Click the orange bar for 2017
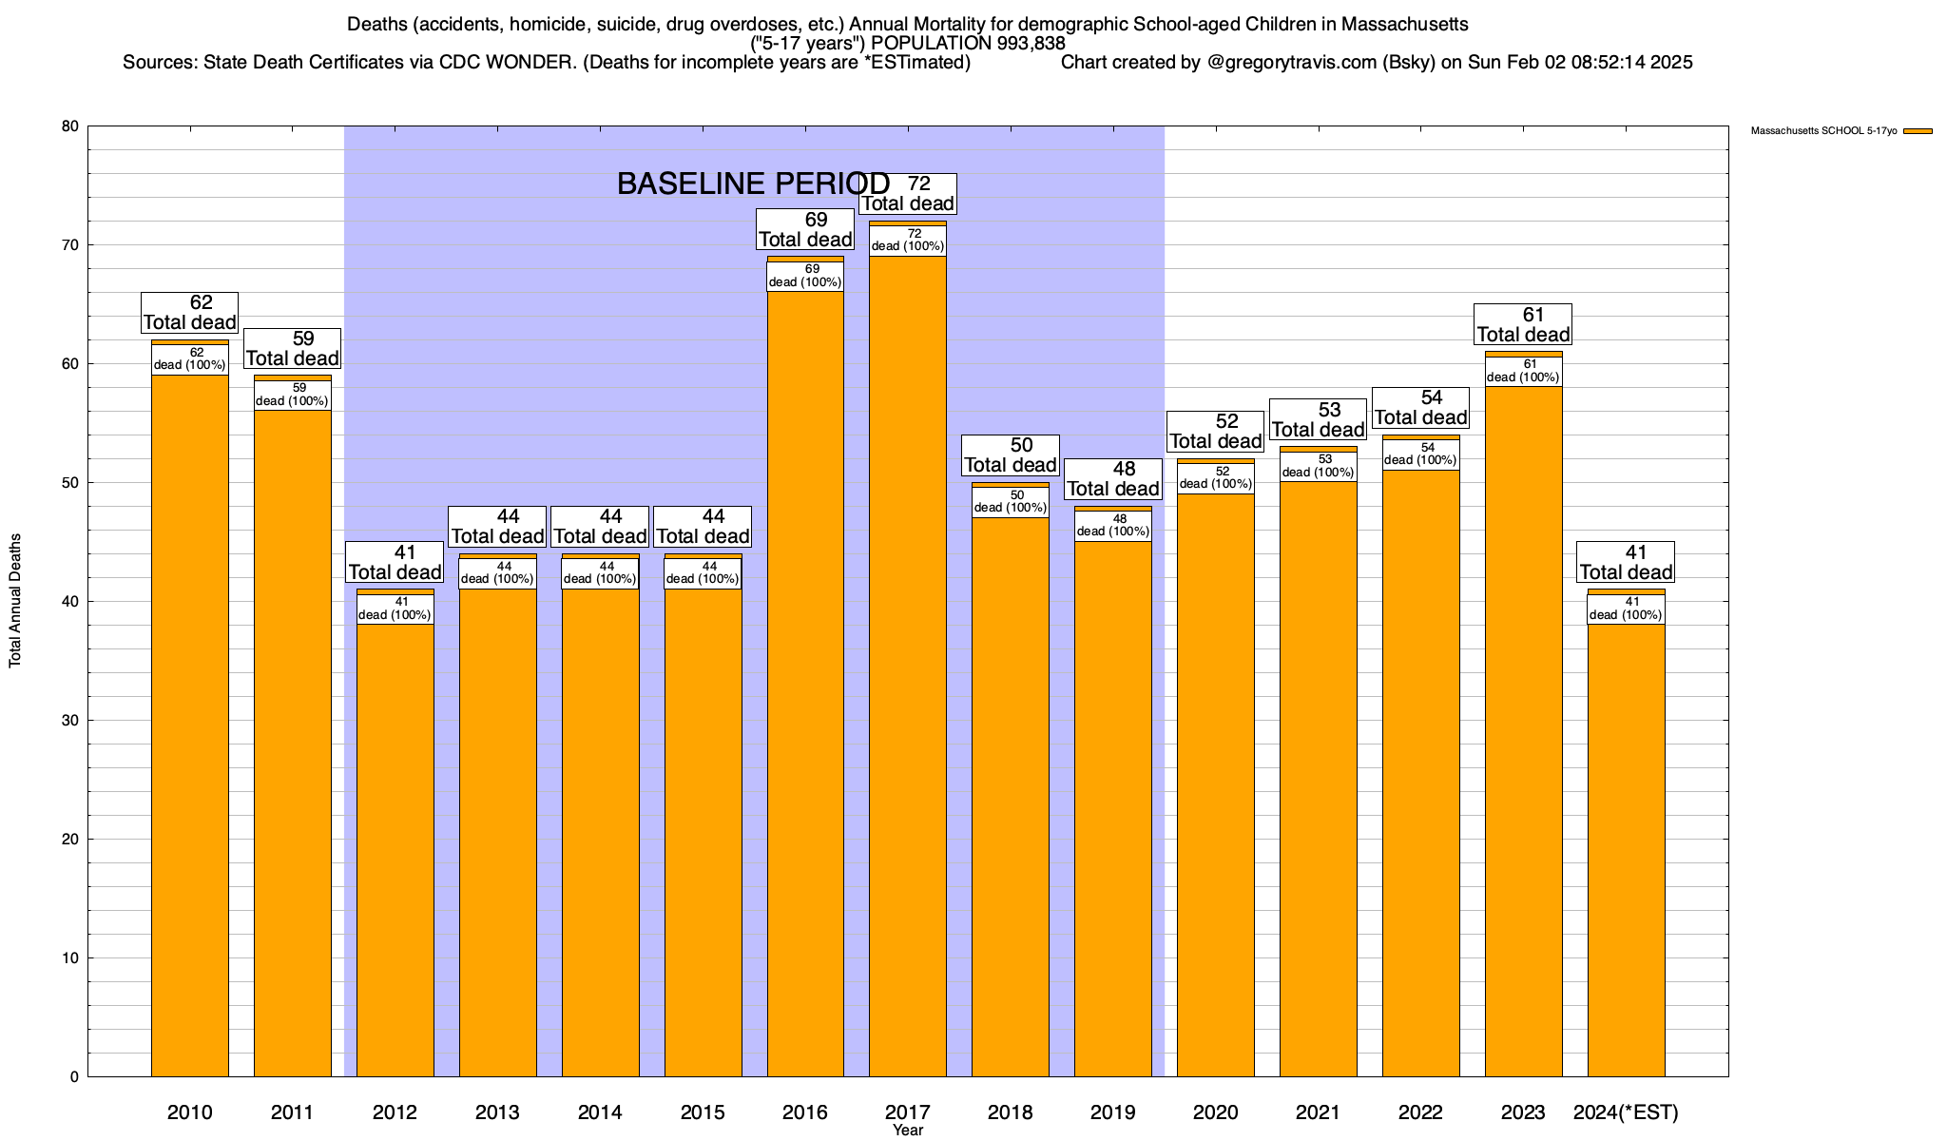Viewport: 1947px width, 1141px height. [x=908, y=666]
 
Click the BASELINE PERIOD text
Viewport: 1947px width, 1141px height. [x=753, y=184]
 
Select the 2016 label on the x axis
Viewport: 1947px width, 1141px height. [x=805, y=1112]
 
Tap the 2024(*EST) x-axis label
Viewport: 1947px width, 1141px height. [x=1626, y=1112]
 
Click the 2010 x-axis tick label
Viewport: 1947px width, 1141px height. [x=190, y=1112]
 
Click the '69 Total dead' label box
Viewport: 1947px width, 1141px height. [x=805, y=229]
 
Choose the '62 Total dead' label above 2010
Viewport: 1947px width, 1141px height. [x=190, y=313]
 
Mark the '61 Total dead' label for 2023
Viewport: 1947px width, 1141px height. [x=1523, y=324]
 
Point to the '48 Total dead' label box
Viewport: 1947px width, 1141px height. [x=1112, y=479]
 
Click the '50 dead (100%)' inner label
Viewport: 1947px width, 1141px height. [x=1011, y=501]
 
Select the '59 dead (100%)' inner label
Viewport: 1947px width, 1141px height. [x=293, y=395]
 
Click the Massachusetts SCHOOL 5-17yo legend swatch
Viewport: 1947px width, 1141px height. [x=1918, y=131]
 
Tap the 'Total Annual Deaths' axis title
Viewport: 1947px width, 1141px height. [x=15, y=600]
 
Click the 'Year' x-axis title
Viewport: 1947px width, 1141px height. [x=908, y=1131]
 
